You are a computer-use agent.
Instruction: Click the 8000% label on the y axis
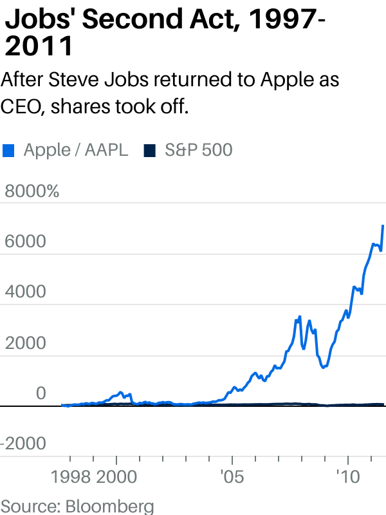[x=32, y=192]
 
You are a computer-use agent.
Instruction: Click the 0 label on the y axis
[x=41, y=393]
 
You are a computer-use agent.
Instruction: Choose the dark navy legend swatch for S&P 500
[x=149, y=151]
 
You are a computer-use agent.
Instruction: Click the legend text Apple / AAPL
[x=76, y=151]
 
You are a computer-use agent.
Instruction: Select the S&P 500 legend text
[x=198, y=151]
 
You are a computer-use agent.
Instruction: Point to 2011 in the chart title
[x=39, y=46]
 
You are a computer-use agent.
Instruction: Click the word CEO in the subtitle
[x=20, y=107]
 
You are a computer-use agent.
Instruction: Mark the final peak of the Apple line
[x=383, y=225]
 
